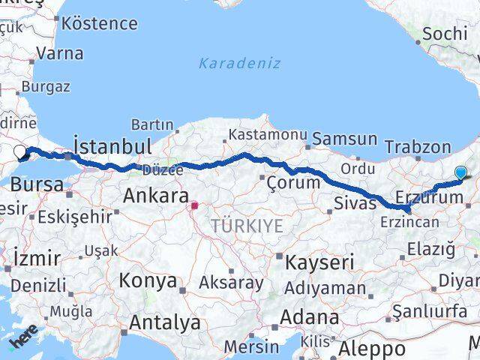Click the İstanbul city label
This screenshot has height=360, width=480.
[112, 145]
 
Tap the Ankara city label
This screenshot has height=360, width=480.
[154, 196]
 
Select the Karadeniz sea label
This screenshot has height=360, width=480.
[239, 63]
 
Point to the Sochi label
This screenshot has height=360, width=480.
[445, 34]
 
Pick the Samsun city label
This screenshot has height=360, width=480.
[344, 139]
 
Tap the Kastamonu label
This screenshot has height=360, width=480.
[268, 134]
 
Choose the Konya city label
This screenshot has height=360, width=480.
[148, 281]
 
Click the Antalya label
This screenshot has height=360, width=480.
[165, 323]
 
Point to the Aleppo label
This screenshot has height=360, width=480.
[371, 349]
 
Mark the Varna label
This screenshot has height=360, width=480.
[59, 53]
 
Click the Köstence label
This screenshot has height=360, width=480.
[100, 23]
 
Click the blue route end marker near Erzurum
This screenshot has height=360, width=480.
[460, 172]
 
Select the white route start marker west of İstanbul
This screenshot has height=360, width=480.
[20, 153]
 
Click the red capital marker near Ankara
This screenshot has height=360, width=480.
[194, 205]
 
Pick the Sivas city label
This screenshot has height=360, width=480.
[354, 203]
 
